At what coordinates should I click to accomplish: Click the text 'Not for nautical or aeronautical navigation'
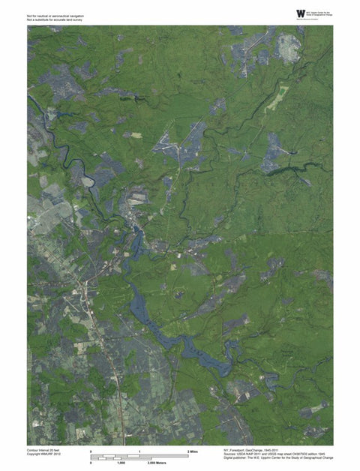pyautogui.click(x=55, y=15)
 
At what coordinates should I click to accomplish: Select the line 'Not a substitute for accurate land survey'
pyautogui.click(x=55, y=19)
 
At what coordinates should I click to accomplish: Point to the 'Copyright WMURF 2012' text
pyautogui.click(x=43, y=454)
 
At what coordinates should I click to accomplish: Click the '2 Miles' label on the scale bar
pyautogui.click(x=193, y=451)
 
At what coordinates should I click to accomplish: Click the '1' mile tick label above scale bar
pyautogui.click(x=140, y=451)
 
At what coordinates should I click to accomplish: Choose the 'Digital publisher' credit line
pyautogui.click(x=278, y=458)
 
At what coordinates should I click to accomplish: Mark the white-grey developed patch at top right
pyautogui.click(x=288, y=46)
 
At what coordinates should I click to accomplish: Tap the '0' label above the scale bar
pyautogui.click(x=91, y=451)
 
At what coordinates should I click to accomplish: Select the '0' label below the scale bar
pyautogui.click(x=91, y=464)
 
